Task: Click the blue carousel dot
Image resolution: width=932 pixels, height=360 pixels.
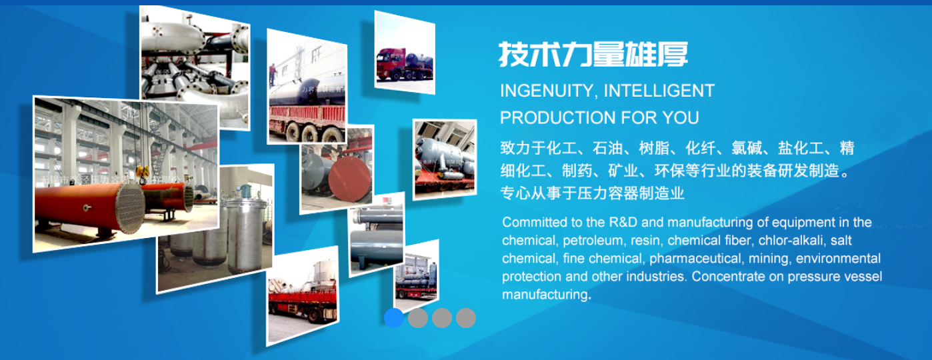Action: (x=393, y=318)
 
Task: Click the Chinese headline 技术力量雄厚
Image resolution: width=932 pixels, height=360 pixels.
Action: (x=593, y=54)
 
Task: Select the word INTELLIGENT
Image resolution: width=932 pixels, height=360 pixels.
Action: (x=659, y=91)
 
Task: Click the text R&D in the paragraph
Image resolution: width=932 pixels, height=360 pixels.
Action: (x=623, y=222)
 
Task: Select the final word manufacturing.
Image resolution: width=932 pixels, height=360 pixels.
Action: (x=546, y=295)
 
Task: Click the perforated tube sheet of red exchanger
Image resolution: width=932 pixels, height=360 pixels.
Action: (x=129, y=208)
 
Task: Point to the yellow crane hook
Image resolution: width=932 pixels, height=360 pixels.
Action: (x=142, y=172)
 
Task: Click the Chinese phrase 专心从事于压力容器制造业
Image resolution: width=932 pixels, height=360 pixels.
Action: (x=593, y=193)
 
